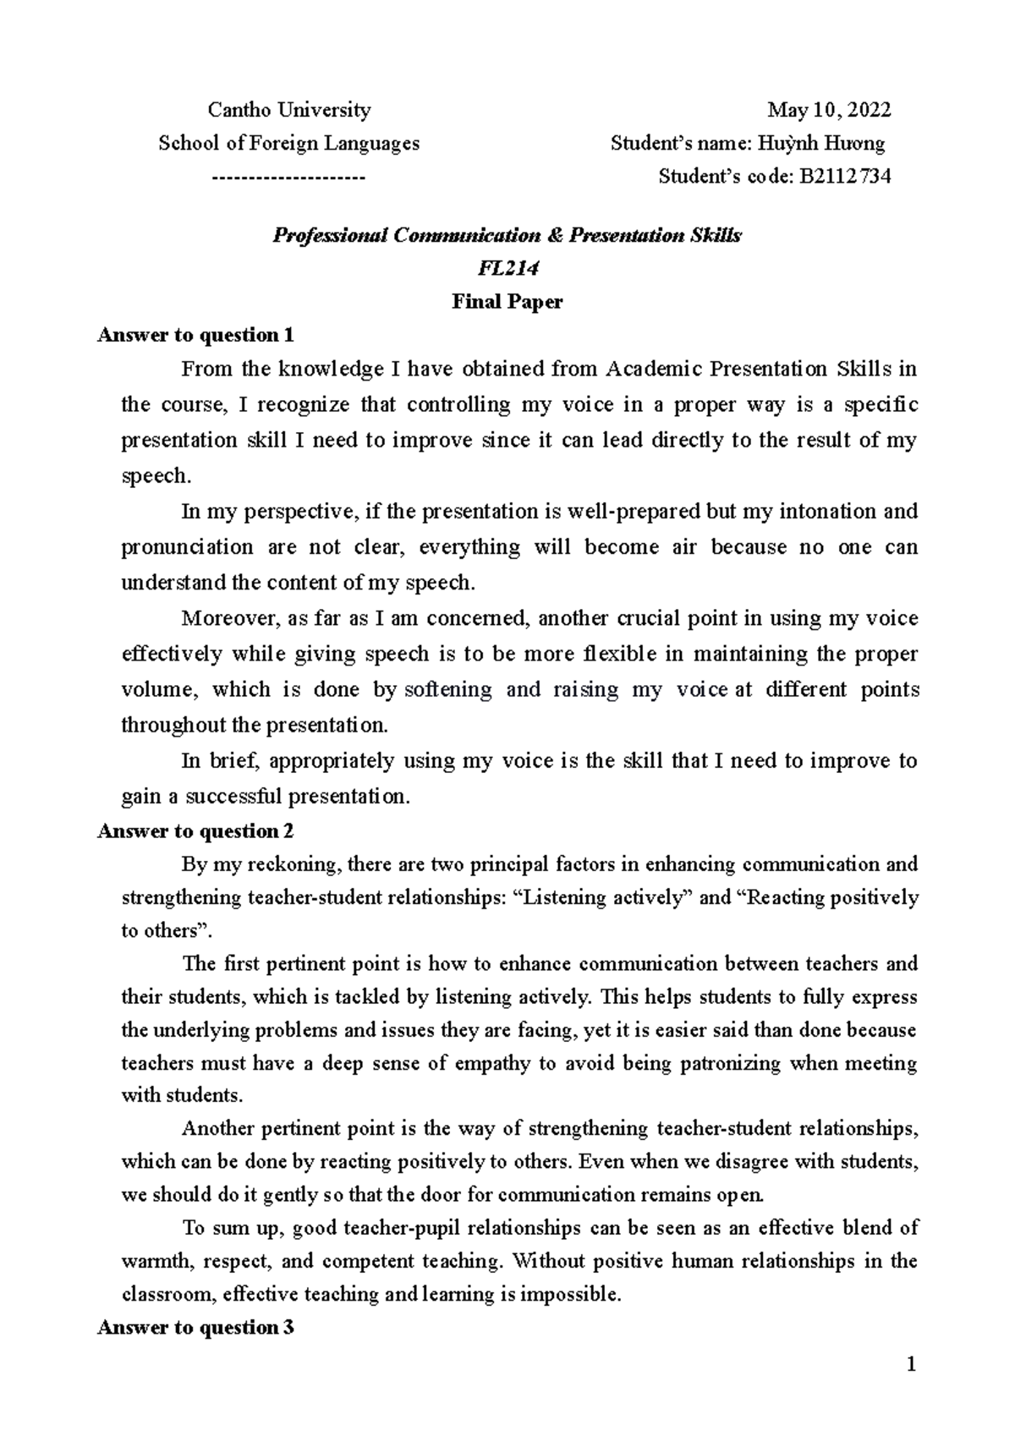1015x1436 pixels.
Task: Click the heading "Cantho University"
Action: click(289, 110)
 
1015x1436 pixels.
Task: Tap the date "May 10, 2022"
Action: click(829, 110)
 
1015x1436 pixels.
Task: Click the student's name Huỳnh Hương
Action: click(841, 143)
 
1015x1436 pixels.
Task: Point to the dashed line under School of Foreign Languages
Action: click(288, 177)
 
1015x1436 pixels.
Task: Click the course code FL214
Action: click(507, 268)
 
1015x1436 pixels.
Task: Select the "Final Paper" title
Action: click(507, 301)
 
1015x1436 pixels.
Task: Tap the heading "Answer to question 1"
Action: click(196, 335)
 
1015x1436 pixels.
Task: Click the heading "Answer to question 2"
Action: click(196, 831)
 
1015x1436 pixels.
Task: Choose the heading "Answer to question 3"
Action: click(196, 1328)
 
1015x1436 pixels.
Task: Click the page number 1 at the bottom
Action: click(911, 1364)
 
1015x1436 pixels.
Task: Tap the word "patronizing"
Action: click(719, 1063)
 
